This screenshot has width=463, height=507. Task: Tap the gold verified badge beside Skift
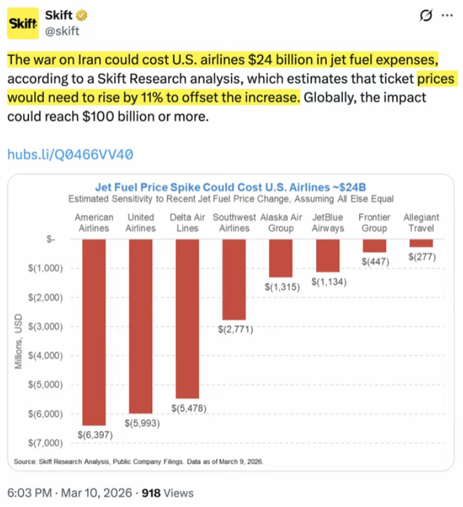click(x=83, y=15)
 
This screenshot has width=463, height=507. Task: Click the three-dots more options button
click(x=446, y=15)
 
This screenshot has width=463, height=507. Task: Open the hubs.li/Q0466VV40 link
click(x=70, y=154)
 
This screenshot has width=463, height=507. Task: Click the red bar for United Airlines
click(x=141, y=326)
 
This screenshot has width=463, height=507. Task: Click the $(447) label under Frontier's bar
click(x=374, y=261)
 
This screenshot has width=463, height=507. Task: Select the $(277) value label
click(x=422, y=256)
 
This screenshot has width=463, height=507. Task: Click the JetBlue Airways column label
click(x=328, y=223)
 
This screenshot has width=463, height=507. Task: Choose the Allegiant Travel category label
click(x=421, y=223)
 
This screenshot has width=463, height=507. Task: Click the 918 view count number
click(x=151, y=493)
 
